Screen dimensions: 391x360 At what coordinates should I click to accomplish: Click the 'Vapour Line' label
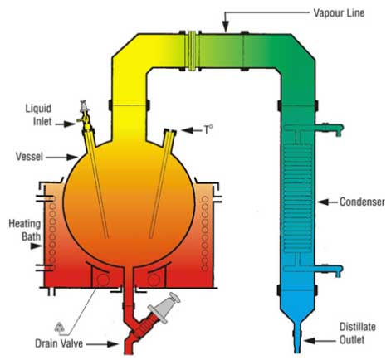[x=339, y=13]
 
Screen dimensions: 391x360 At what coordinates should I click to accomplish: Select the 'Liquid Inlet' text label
[x=38, y=114]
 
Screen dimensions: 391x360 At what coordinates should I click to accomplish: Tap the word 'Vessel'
[x=29, y=157]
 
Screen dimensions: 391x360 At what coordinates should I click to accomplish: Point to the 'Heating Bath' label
[x=25, y=230]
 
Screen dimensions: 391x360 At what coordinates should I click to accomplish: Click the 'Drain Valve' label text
[x=59, y=343]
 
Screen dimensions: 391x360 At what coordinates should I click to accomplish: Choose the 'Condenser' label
[x=362, y=202]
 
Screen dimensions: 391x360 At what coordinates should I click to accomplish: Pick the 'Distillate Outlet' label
[x=358, y=333]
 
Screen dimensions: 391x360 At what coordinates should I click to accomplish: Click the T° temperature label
[x=208, y=129]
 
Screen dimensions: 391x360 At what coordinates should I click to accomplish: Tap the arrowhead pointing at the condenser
[x=323, y=202]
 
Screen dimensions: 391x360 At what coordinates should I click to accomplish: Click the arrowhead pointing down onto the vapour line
[x=226, y=27]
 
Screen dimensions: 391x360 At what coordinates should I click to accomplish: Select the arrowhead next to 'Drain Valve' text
[x=113, y=344]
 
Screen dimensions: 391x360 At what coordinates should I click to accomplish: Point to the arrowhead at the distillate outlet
[x=310, y=341]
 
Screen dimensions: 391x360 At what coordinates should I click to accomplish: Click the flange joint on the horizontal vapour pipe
[x=192, y=51]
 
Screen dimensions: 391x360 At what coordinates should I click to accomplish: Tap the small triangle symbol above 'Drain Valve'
[x=60, y=327]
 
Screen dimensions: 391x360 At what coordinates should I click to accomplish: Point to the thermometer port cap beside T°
[x=170, y=130]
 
